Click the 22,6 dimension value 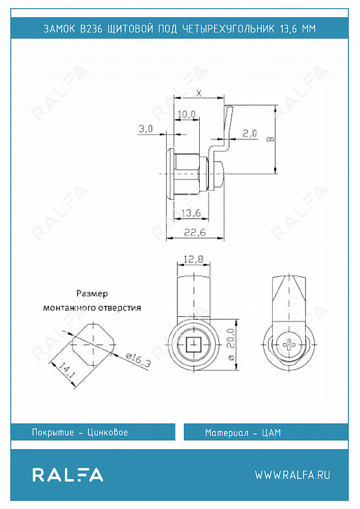point(195,233)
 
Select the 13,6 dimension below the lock point(191,213)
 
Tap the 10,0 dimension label point(186,115)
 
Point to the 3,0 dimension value point(146,129)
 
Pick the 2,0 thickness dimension point(249,133)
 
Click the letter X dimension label point(199,94)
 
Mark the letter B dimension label point(270,139)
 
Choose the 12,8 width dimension point(193,259)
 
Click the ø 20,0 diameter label point(231,344)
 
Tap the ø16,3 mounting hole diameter point(139,360)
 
